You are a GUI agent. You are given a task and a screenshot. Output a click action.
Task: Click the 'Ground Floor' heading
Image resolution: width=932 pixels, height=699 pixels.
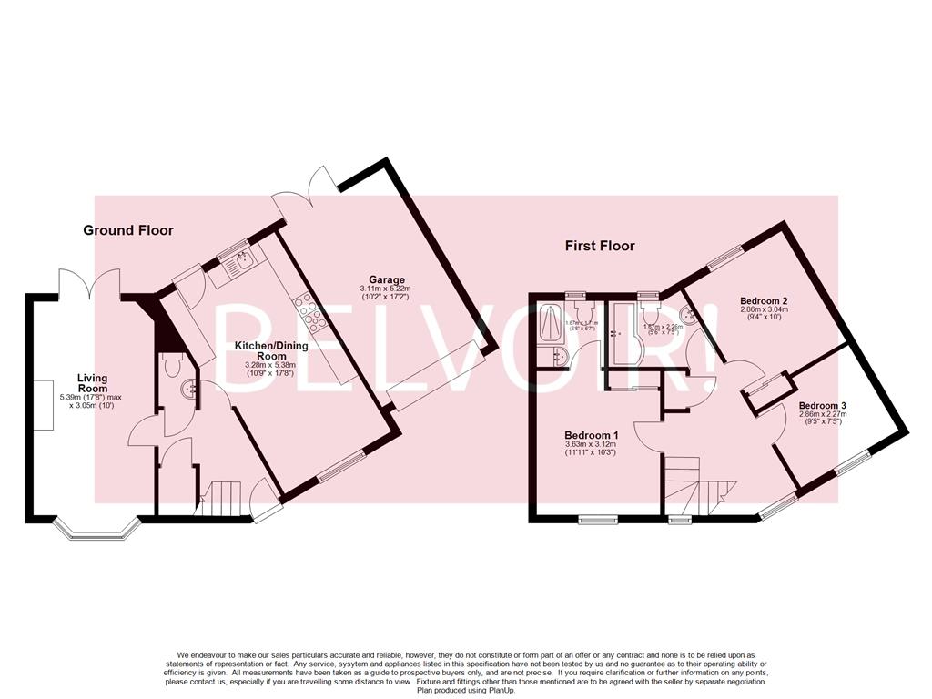pyautogui.click(x=128, y=230)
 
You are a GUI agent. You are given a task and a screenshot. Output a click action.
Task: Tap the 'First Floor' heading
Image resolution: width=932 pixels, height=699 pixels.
pyautogui.click(x=600, y=246)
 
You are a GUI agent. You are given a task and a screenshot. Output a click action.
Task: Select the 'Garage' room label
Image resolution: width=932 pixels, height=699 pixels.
pyautogui.click(x=386, y=279)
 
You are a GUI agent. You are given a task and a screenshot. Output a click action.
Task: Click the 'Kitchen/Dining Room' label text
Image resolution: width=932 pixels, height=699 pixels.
pyautogui.click(x=271, y=351)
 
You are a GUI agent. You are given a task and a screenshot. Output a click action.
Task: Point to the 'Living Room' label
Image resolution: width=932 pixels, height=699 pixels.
pyautogui.click(x=92, y=383)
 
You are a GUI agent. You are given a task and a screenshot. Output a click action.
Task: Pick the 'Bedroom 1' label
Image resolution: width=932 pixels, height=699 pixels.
pyautogui.click(x=591, y=434)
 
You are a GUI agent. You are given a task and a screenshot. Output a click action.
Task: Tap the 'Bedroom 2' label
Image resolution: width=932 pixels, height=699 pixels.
pyautogui.click(x=763, y=300)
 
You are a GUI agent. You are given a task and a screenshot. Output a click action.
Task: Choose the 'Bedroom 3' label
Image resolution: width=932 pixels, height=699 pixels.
pyautogui.click(x=823, y=405)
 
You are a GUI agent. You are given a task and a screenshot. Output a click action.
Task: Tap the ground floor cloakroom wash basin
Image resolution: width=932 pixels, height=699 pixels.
pyautogui.click(x=190, y=390)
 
